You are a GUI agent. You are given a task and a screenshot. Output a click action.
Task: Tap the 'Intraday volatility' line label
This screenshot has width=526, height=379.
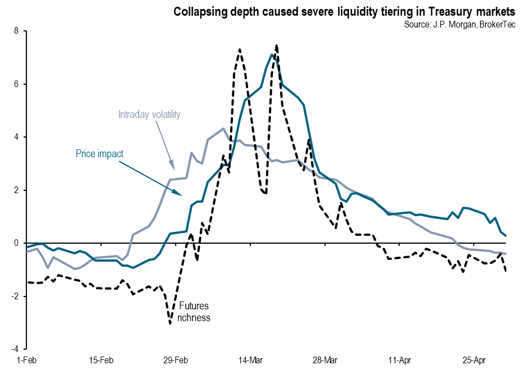pyautogui.click(x=149, y=115)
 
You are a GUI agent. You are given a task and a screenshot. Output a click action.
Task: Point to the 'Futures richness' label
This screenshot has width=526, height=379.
pyautogui.click(x=194, y=312)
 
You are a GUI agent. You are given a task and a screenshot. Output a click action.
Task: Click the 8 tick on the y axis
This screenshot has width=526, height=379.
pyautogui.click(x=16, y=31)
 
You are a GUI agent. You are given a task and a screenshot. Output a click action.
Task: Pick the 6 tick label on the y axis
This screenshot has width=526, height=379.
pyautogui.click(x=16, y=84)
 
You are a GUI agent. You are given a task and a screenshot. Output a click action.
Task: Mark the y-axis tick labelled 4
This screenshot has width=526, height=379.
pyautogui.click(x=16, y=137)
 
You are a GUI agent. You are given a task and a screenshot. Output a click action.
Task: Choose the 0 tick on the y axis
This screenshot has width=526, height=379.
pyautogui.click(x=16, y=243)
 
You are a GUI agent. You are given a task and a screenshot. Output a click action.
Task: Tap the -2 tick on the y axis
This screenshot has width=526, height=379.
pyautogui.click(x=15, y=296)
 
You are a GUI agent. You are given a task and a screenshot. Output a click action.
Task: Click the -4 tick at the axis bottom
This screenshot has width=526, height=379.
pyautogui.click(x=15, y=349)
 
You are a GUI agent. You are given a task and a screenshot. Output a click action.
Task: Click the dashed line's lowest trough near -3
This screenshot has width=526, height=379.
pyautogui.click(x=170, y=323)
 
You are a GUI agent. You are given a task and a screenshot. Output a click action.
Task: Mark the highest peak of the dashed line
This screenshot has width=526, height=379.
pyautogui.click(x=277, y=45)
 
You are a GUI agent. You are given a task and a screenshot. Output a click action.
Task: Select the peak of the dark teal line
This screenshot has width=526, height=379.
pyautogui.click(x=272, y=54)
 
